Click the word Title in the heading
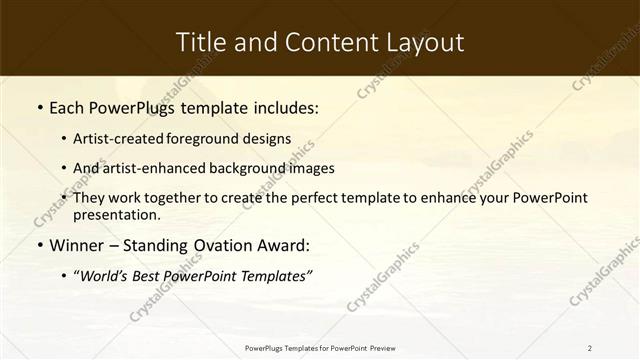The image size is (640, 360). [199, 42]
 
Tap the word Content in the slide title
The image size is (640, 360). [322, 42]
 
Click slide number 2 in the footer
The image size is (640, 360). [590, 348]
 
